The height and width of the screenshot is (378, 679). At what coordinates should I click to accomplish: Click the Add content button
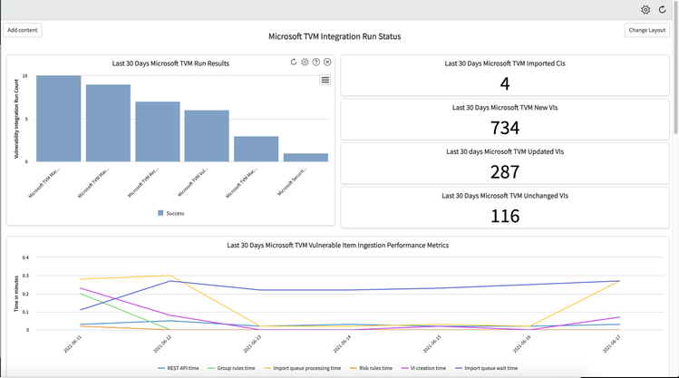23,30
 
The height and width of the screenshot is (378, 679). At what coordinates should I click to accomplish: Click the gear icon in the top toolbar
645,9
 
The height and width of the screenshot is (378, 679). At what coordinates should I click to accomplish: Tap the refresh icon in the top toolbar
663,9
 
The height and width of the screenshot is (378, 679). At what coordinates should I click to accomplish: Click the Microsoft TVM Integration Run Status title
335,37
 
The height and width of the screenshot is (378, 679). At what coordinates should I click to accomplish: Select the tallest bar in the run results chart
59,119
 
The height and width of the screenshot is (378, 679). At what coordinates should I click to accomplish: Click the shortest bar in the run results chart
312,158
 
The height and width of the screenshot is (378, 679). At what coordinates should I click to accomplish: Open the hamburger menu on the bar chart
325,80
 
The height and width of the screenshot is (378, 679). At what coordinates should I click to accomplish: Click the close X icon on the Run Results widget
327,63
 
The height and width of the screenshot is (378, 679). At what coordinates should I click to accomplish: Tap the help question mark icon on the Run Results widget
316,63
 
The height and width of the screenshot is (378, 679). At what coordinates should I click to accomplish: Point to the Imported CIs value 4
505,84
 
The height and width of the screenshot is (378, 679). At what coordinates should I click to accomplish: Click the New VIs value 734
505,128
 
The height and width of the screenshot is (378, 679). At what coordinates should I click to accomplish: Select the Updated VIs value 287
505,171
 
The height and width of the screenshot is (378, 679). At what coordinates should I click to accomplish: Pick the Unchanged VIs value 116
505,215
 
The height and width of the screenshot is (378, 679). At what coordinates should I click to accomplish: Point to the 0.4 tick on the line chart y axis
25,257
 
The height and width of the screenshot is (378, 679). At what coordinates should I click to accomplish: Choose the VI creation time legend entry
422,368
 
